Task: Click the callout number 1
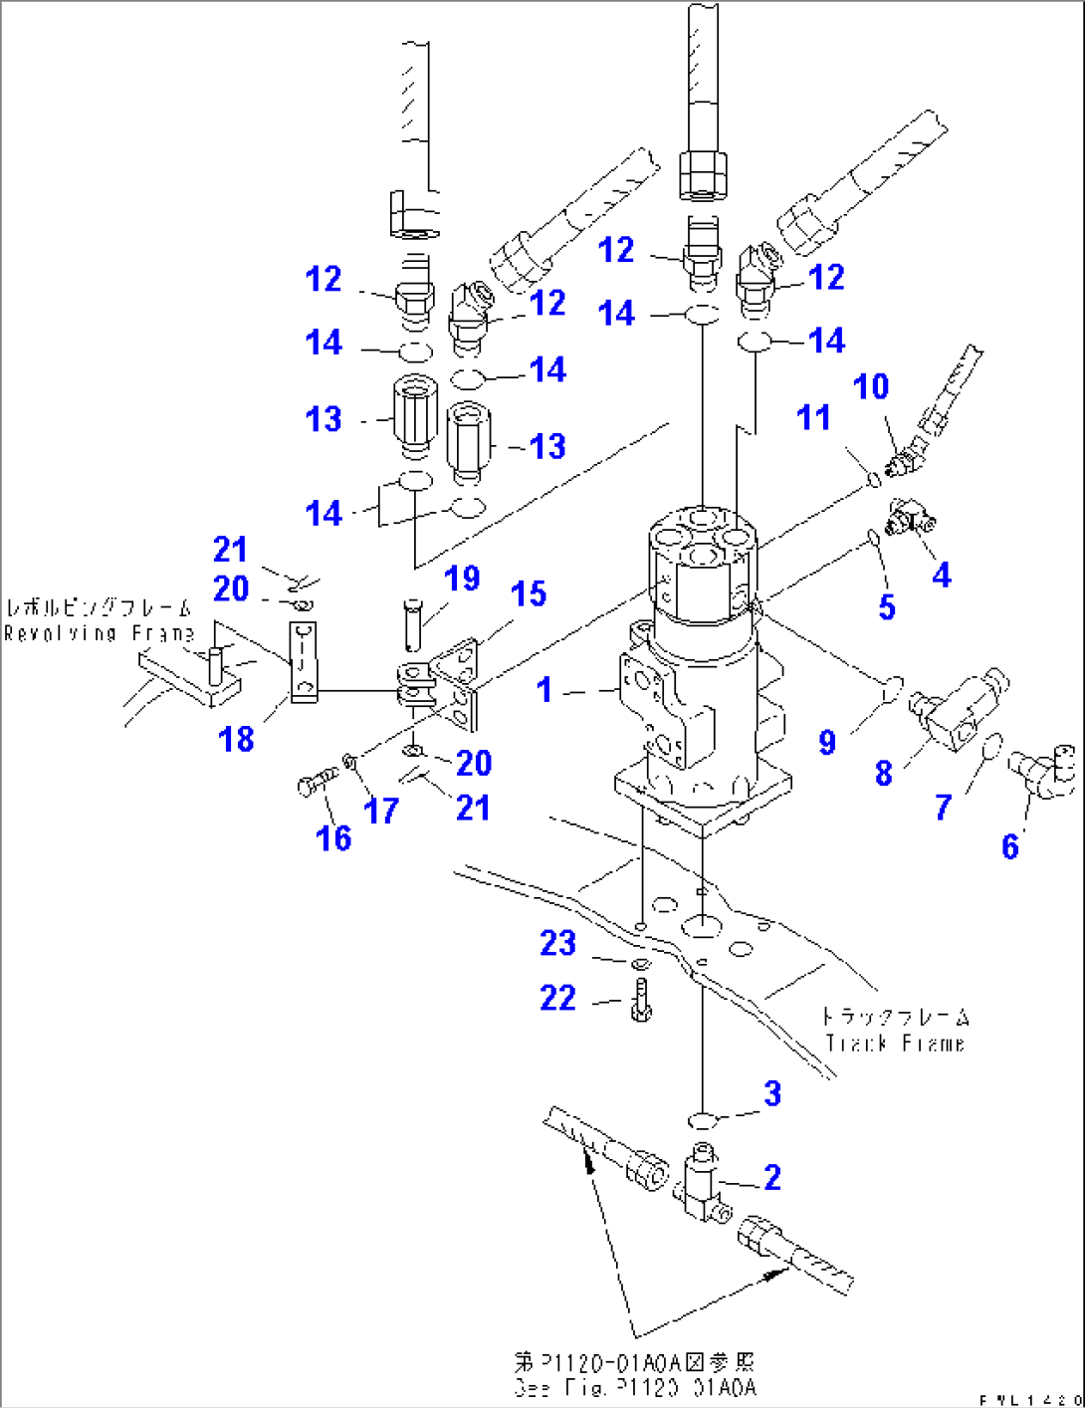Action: pyautogui.click(x=543, y=689)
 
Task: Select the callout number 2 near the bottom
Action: pyautogui.click(x=772, y=1177)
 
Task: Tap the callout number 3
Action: pyautogui.click(x=772, y=1093)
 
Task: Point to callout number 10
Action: pyautogui.click(x=871, y=386)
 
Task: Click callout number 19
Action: pyautogui.click(x=462, y=579)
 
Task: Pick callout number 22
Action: pyautogui.click(x=557, y=998)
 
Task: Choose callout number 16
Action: pyautogui.click(x=333, y=838)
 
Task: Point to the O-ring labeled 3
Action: pyautogui.click(x=704, y=1122)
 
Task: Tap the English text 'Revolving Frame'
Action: pyautogui.click(x=100, y=633)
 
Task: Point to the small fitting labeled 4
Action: pyautogui.click(x=909, y=516)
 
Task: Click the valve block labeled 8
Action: pyautogui.click(x=956, y=707)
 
